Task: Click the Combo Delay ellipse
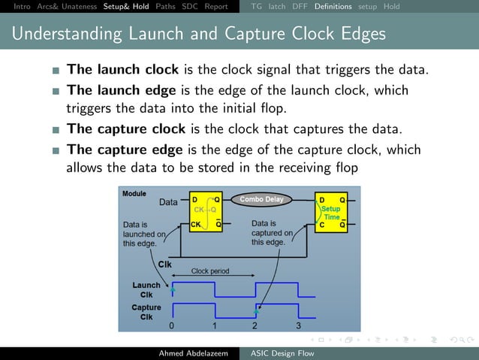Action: tap(262, 199)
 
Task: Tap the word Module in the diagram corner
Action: tap(134, 193)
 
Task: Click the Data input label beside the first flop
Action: tap(169, 202)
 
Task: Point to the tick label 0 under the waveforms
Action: tap(172, 326)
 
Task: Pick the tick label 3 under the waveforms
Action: tap(298, 326)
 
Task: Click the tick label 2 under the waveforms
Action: tap(255, 326)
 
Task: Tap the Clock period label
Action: tap(210, 271)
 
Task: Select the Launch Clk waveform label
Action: tap(146, 289)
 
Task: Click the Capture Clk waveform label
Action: tap(146, 312)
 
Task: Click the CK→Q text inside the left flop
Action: tap(205, 210)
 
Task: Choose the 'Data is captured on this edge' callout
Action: tap(268, 232)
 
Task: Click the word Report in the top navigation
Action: tap(216, 7)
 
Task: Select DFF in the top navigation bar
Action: tap(300, 7)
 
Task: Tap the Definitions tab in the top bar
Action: tap(333, 7)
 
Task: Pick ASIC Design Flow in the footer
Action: tap(282, 353)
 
